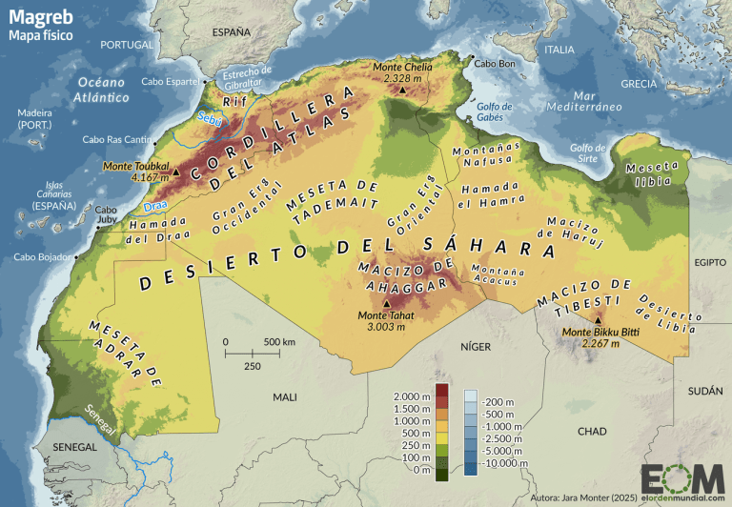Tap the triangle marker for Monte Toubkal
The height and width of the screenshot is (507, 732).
point(175,172)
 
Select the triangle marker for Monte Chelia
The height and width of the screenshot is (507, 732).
point(402,91)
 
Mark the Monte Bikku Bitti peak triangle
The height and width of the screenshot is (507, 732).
point(598,320)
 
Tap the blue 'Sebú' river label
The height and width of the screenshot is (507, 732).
point(208,117)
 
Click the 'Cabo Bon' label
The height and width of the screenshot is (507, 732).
point(495,64)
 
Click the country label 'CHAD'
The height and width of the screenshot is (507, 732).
point(592,431)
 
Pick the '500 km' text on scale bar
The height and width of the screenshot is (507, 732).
point(279,341)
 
